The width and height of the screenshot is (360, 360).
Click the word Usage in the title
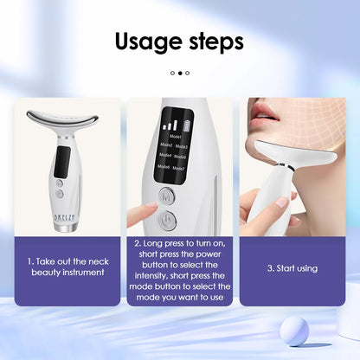click(x=148, y=42)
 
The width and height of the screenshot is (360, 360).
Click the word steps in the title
click(x=214, y=42)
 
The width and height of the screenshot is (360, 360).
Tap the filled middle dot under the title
click(x=180, y=74)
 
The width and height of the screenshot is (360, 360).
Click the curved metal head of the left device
click(x=61, y=121)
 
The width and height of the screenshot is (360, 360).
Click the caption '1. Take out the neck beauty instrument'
click(x=67, y=266)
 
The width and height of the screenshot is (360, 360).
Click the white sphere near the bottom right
click(x=295, y=331)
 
